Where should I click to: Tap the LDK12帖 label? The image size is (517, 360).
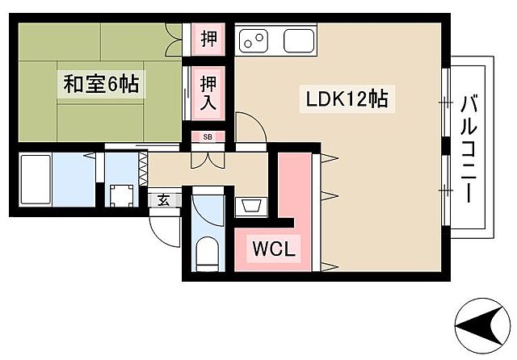[x=347, y=99]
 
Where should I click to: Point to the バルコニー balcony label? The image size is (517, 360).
[x=469, y=149]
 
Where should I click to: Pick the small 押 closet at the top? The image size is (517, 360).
[x=208, y=39]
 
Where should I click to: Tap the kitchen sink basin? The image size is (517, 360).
[x=298, y=40]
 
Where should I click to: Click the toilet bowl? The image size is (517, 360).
[x=207, y=254]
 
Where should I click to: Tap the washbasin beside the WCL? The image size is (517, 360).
[x=250, y=206]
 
